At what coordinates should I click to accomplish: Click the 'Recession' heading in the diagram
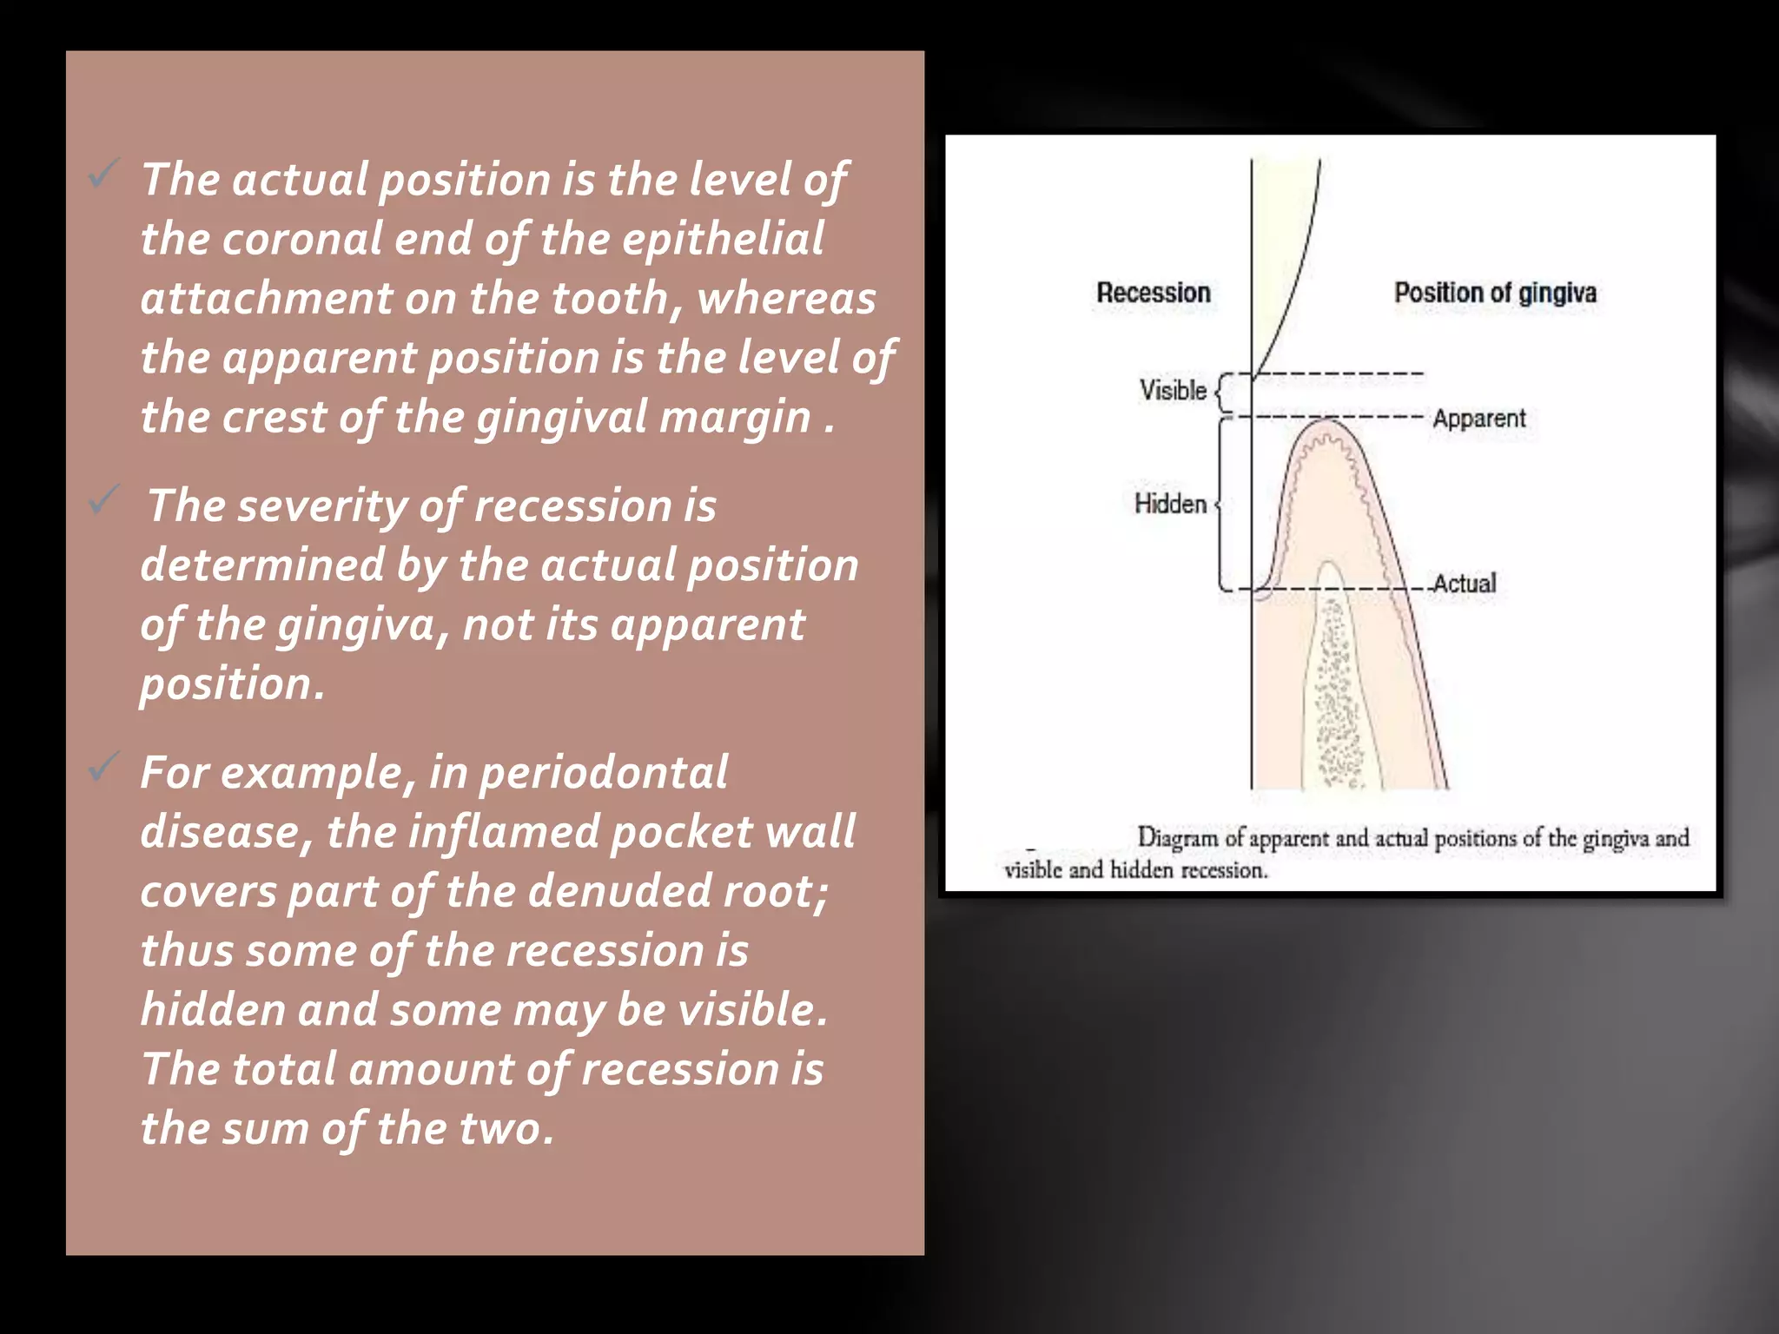tap(1153, 293)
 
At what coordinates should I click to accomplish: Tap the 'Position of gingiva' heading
tap(1495, 293)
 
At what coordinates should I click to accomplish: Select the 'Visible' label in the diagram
tap(1173, 391)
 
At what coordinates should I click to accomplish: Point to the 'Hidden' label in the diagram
tap(1170, 504)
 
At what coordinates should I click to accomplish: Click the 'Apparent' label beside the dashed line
tap(1478, 419)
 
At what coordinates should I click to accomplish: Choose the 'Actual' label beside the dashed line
tap(1465, 584)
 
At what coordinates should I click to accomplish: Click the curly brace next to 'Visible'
tap(1221, 393)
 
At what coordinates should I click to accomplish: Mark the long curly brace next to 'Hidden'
tap(1222, 504)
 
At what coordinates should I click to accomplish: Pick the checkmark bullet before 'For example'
tap(103, 766)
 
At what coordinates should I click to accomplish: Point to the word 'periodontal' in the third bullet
tap(603, 772)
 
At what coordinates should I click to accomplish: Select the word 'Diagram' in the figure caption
tap(1177, 838)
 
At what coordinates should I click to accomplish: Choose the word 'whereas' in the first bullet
tap(786, 298)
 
